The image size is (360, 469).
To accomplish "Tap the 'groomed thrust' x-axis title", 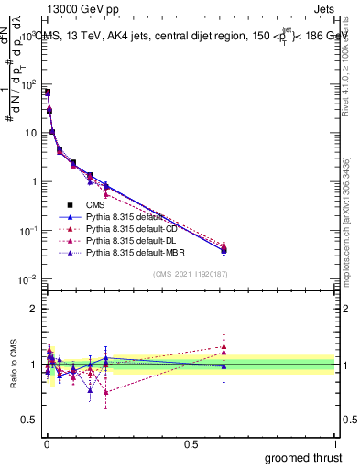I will click(x=303, y=456).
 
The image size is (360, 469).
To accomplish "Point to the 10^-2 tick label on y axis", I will click(x=27, y=278).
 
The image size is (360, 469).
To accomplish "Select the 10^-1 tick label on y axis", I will click(x=27, y=230).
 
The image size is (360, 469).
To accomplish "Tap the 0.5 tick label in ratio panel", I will click(x=30, y=420).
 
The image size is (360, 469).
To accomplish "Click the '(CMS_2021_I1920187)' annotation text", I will click(x=190, y=274).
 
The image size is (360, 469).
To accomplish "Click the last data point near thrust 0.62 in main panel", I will click(x=224, y=248).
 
